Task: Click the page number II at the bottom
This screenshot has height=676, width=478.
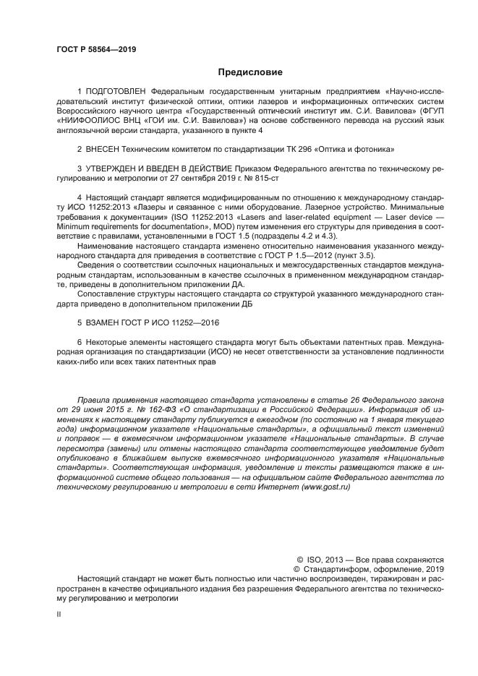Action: tap(59, 612)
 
